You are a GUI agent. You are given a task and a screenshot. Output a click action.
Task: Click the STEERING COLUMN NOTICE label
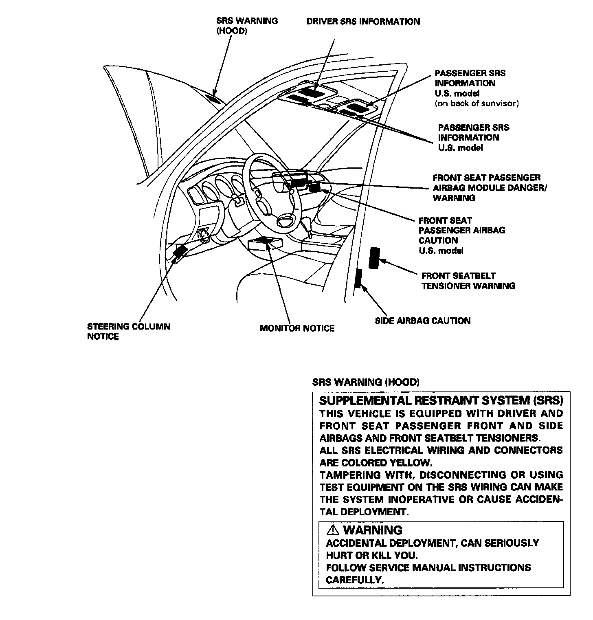click(128, 331)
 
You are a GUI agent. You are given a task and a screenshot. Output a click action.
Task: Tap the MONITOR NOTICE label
click(297, 328)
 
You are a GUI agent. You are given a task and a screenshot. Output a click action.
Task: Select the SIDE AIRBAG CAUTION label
click(422, 321)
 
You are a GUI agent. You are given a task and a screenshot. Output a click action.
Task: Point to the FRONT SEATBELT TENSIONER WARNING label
click(468, 281)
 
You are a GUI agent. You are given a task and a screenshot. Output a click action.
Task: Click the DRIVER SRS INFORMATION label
click(363, 22)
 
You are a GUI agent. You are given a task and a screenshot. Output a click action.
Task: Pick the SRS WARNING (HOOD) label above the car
click(247, 26)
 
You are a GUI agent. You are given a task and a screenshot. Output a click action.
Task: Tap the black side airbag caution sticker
click(358, 278)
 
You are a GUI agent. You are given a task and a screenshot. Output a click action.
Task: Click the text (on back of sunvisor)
click(477, 103)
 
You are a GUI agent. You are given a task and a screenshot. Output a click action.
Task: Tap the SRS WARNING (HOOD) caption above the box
click(365, 382)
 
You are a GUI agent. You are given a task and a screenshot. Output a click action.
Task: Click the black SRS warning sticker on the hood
click(214, 97)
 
